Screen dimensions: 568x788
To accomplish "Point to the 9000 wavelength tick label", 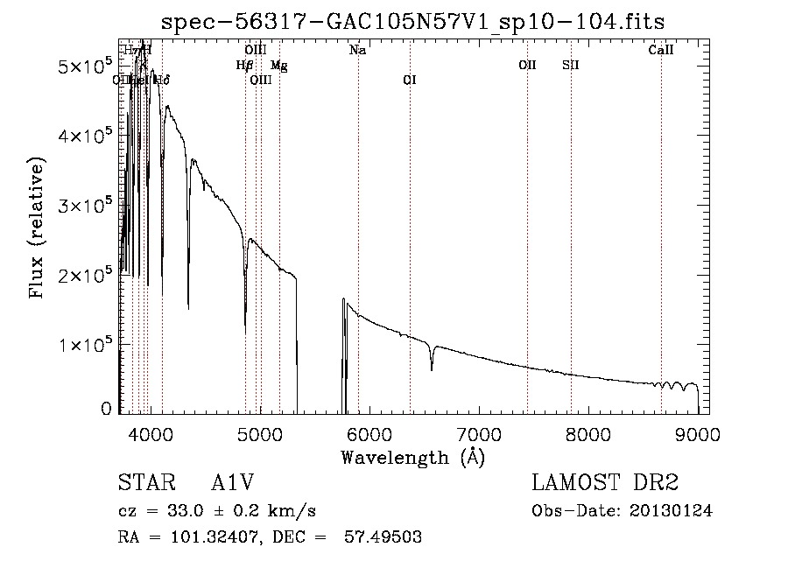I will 697,434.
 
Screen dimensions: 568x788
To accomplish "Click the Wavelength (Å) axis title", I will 412,456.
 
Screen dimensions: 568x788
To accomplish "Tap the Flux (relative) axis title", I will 37,229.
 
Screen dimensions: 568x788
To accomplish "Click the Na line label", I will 357,51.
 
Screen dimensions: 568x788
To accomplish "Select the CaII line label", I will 661,51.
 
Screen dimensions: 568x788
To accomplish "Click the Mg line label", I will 278,66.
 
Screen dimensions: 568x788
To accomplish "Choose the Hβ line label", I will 245,66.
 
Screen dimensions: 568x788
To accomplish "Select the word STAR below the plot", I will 145,484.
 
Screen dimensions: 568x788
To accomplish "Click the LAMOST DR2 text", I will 605,484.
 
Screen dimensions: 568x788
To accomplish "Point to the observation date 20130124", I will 669,511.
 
